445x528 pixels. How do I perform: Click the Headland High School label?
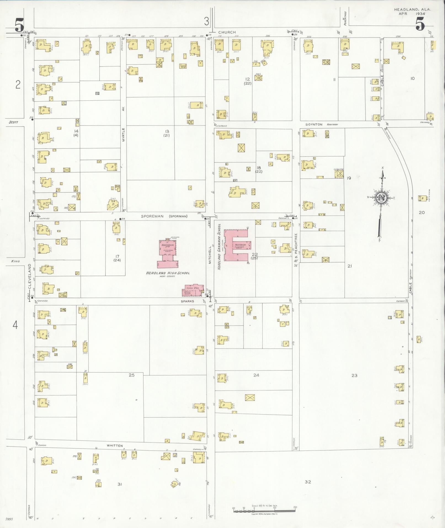click(168, 273)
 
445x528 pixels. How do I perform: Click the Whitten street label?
click(115, 445)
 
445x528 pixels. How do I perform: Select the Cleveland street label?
click(29, 276)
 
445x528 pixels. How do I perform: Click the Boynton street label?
click(314, 124)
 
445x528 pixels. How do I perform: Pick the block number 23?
click(355, 375)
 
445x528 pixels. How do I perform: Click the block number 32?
click(308, 482)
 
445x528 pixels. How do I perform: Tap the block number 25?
click(132, 375)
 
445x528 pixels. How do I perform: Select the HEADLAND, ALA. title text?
click(412, 9)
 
